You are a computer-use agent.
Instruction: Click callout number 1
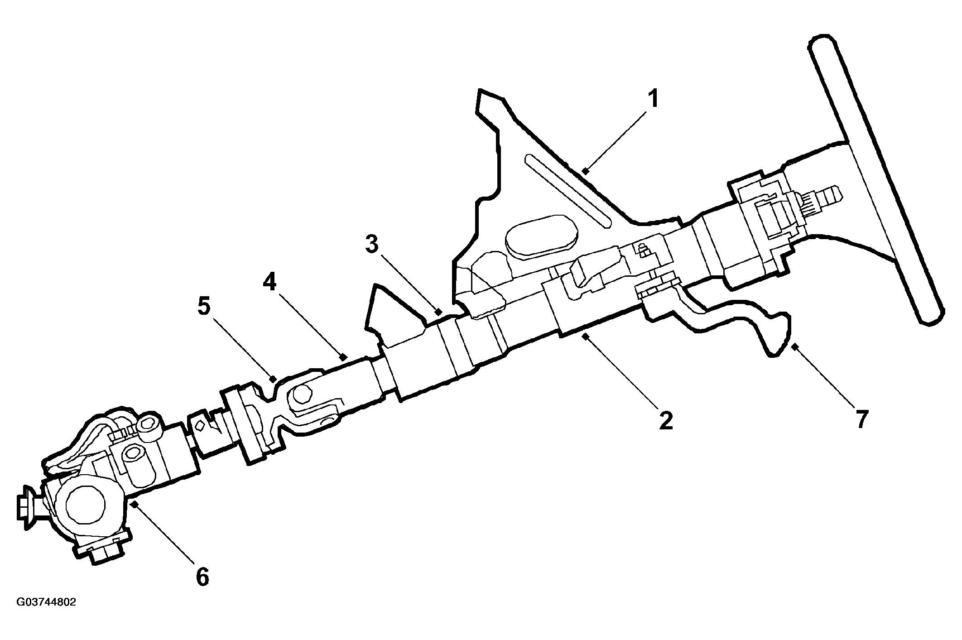point(652,100)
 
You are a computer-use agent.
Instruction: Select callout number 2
point(665,420)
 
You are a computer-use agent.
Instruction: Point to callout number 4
point(269,283)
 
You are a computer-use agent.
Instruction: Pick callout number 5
point(204,307)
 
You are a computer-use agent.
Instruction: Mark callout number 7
point(861,419)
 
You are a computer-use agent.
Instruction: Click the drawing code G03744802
point(46,602)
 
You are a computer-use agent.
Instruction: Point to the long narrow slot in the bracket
point(568,191)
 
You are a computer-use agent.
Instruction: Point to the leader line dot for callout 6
point(133,503)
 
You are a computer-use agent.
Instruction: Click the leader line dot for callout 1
point(585,171)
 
